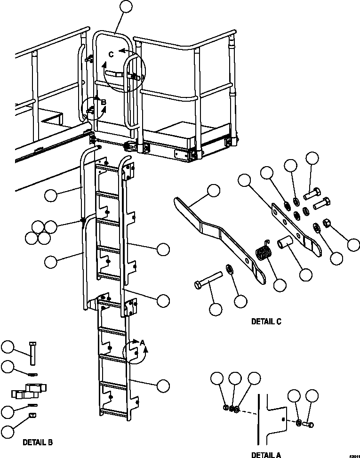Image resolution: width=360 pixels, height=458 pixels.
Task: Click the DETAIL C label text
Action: click(x=266, y=322)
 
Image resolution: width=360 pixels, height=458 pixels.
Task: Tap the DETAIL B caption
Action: click(x=38, y=442)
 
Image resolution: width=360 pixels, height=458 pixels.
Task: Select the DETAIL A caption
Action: click(x=266, y=455)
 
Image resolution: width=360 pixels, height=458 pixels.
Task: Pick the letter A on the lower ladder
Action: click(x=142, y=343)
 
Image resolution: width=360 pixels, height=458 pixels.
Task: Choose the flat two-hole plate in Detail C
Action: click(x=296, y=226)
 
